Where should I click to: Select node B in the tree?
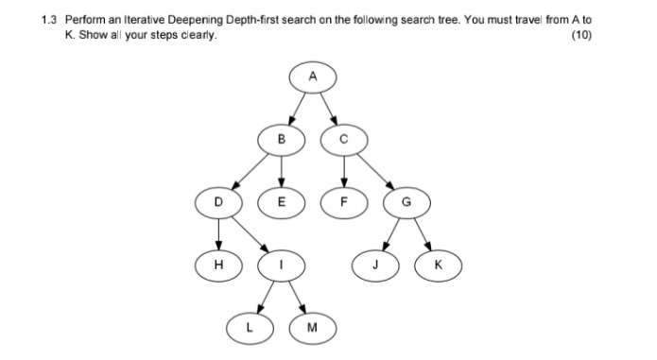281,140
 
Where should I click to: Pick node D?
218,201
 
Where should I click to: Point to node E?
281,201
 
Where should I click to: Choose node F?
343,201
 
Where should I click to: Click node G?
406,201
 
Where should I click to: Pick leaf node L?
250,327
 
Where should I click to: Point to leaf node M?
312,327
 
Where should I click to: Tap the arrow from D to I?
250,233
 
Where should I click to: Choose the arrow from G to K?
422,233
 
